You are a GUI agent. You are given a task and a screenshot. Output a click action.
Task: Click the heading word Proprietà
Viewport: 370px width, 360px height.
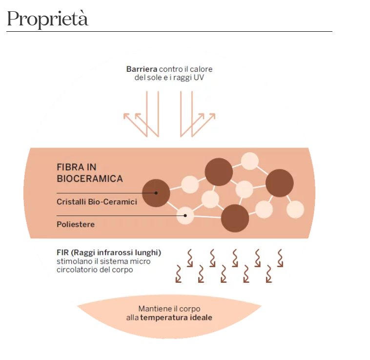(47, 19)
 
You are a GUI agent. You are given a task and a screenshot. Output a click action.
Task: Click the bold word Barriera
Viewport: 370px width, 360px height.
(142, 69)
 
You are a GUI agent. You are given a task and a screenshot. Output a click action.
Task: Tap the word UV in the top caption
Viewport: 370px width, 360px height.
(206, 78)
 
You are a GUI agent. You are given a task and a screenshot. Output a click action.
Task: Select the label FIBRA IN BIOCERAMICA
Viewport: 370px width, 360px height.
(90, 173)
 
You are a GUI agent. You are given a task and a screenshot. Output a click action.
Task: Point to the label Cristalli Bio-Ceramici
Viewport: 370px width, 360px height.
(97, 202)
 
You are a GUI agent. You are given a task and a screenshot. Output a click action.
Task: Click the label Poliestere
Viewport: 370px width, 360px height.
(76, 225)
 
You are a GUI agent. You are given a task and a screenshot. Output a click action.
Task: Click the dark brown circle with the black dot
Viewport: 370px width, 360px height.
(156, 193)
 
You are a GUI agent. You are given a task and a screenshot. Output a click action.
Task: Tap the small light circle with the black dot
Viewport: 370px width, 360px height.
(185, 215)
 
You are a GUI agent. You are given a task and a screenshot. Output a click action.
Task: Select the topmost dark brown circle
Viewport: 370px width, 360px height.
(219, 172)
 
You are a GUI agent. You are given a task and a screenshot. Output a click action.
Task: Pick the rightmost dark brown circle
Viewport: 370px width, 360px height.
(280, 183)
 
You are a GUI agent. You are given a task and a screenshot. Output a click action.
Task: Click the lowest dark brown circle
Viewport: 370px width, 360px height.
(235, 218)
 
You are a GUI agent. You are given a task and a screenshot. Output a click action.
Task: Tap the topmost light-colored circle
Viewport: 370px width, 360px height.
(249, 161)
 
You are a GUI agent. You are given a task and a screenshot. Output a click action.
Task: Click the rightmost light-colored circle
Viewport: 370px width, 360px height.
(295, 210)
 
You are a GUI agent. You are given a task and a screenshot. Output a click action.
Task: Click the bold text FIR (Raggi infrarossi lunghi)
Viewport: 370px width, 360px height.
(109, 253)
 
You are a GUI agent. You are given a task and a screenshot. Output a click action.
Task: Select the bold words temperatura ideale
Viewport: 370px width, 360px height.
(176, 318)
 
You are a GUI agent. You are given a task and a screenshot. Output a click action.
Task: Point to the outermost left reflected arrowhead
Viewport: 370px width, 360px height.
(126, 116)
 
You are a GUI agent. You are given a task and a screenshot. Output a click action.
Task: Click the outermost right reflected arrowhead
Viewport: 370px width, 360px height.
(212, 116)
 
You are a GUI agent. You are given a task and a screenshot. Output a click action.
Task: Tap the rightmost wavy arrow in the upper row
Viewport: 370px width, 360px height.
(280, 257)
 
